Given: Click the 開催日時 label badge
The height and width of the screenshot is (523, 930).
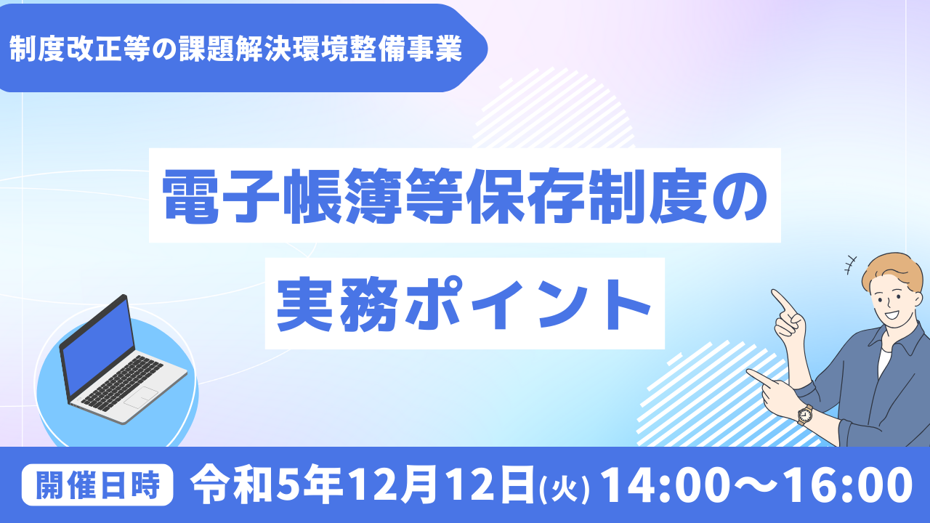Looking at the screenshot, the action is coord(97,485).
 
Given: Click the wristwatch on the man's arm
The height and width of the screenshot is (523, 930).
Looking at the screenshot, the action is coord(804,414).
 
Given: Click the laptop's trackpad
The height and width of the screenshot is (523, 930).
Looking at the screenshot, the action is coord(141,397).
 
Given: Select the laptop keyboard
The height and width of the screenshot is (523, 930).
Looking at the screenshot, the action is coord(122,383).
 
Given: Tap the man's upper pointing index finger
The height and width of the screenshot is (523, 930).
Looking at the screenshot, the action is coord(782,301).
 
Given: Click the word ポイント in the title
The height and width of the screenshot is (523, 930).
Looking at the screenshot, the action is coord(527,304).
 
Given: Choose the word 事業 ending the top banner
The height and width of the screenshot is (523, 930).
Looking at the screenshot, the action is coord(434,49).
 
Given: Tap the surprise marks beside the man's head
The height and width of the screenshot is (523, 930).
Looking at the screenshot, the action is coord(851,265).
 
